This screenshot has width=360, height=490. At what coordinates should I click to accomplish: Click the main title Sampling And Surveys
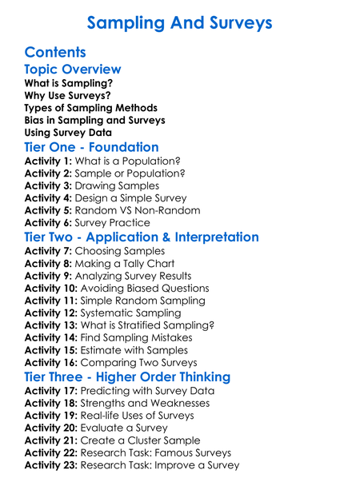pos(179,22)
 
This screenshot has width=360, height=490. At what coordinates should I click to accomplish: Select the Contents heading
pos(55,53)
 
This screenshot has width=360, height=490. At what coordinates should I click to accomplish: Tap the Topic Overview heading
pos(73,70)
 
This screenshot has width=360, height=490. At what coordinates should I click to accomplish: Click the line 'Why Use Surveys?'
pos(67,95)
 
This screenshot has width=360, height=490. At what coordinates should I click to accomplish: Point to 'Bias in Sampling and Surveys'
pos(94,120)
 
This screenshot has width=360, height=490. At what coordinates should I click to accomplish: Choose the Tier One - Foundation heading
pos(91,147)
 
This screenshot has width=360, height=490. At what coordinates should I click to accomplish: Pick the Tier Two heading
pos(142,237)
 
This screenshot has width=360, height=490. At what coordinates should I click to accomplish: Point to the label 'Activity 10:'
pos(51,288)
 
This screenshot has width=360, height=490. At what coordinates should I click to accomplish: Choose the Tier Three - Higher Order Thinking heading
pos(127,376)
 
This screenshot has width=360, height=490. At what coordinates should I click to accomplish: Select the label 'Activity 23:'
pos(51,465)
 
